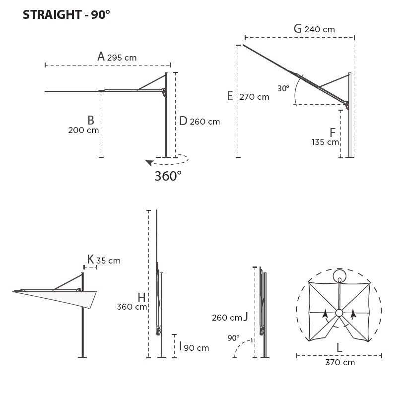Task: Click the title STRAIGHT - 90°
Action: (66, 15)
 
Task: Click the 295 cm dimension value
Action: (122, 58)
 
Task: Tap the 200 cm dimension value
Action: (83, 130)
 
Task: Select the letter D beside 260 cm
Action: (183, 121)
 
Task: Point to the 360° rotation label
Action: (168, 176)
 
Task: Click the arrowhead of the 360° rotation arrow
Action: (150, 163)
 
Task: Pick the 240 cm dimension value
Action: (320, 30)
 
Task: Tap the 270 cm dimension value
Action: (255, 97)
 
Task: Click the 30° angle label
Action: (283, 88)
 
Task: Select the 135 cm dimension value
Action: (326, 142)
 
